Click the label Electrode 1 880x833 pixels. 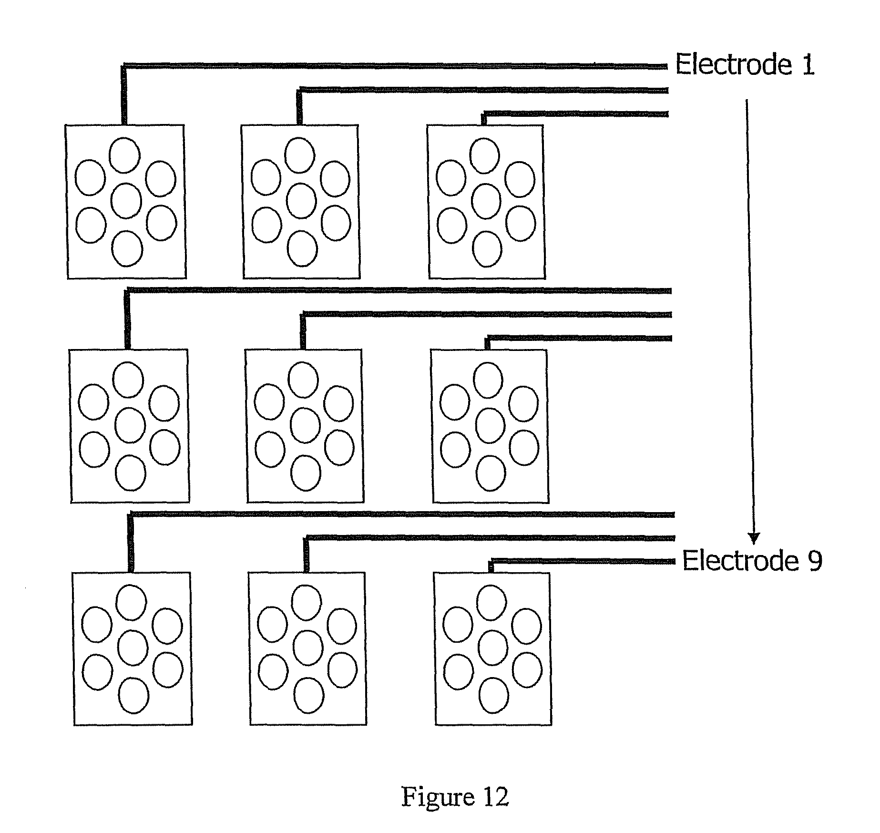[x=745, y=64]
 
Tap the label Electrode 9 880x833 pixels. [x=752, y=560]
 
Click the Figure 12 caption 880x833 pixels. [x=455, y=797]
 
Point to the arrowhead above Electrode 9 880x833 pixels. [x=753, y=538]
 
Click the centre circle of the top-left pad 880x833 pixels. [x=126, y=201]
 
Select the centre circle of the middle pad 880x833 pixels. [x=305, y=425]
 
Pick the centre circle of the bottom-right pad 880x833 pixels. [x=493, y=648]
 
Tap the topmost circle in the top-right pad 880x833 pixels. [x=484, y=155]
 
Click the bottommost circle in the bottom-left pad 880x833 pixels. [x=133, y=695]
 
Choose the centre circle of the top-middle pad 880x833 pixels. [x=301, y=201]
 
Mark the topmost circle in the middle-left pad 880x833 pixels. [x=128, y=380]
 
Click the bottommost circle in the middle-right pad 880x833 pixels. [x=491, y=473]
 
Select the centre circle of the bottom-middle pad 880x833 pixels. [x=308, y=648]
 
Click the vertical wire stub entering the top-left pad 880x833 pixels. [x=124, y=95]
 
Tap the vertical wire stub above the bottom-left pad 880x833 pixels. [x=131, y=544]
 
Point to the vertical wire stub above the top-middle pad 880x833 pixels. [x=299, y=107]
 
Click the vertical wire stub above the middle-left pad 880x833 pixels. [x=127, y=319]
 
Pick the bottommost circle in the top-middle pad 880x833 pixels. [x=303, y=248]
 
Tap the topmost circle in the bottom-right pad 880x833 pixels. [x=492, y=603]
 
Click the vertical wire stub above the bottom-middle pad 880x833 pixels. [x=307, y=555]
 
